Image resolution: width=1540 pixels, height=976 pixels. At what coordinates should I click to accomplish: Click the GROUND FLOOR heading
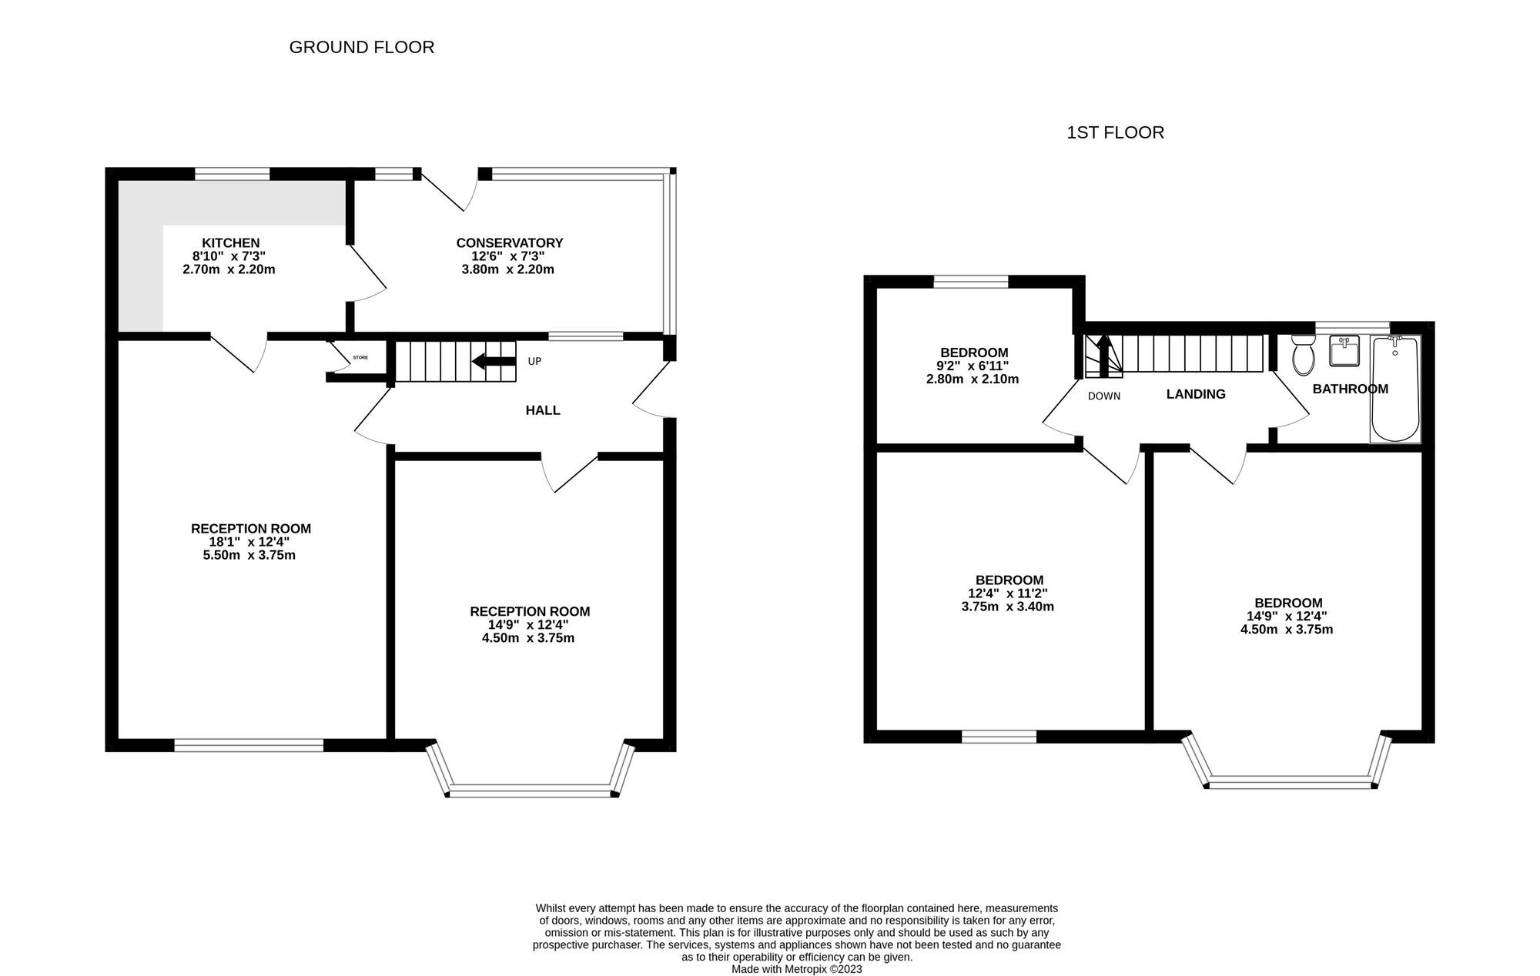(361, 48)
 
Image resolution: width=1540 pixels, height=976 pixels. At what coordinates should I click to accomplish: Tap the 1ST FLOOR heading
(1114, 132)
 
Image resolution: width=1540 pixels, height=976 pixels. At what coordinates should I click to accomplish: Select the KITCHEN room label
(230, 243)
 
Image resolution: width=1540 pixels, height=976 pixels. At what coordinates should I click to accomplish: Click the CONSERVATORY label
(509, 243)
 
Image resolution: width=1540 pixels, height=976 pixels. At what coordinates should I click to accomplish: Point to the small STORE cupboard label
(360, 358)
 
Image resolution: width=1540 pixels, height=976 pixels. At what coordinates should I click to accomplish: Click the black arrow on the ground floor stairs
(493, 361)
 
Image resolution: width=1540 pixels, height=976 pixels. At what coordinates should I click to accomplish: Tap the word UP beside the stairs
(534, 361)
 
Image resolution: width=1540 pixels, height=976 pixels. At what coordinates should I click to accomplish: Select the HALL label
(542, 410)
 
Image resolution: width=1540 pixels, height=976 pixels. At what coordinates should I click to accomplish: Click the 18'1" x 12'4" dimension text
(249, 542)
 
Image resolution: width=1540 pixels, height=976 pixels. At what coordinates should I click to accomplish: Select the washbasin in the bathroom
(1344, 351)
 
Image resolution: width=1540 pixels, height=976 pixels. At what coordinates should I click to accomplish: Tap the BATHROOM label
(1350, 389)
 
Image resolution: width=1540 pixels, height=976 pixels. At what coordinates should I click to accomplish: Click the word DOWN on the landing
(1103, 396)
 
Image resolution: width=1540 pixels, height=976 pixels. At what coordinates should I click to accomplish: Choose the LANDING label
(1195, 394)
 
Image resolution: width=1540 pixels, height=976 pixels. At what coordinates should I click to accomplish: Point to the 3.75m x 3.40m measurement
(1007, 607)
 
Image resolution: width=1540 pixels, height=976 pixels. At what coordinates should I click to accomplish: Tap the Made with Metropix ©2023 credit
(796, 969)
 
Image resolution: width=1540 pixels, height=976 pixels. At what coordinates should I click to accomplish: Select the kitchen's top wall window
(232, 175)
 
